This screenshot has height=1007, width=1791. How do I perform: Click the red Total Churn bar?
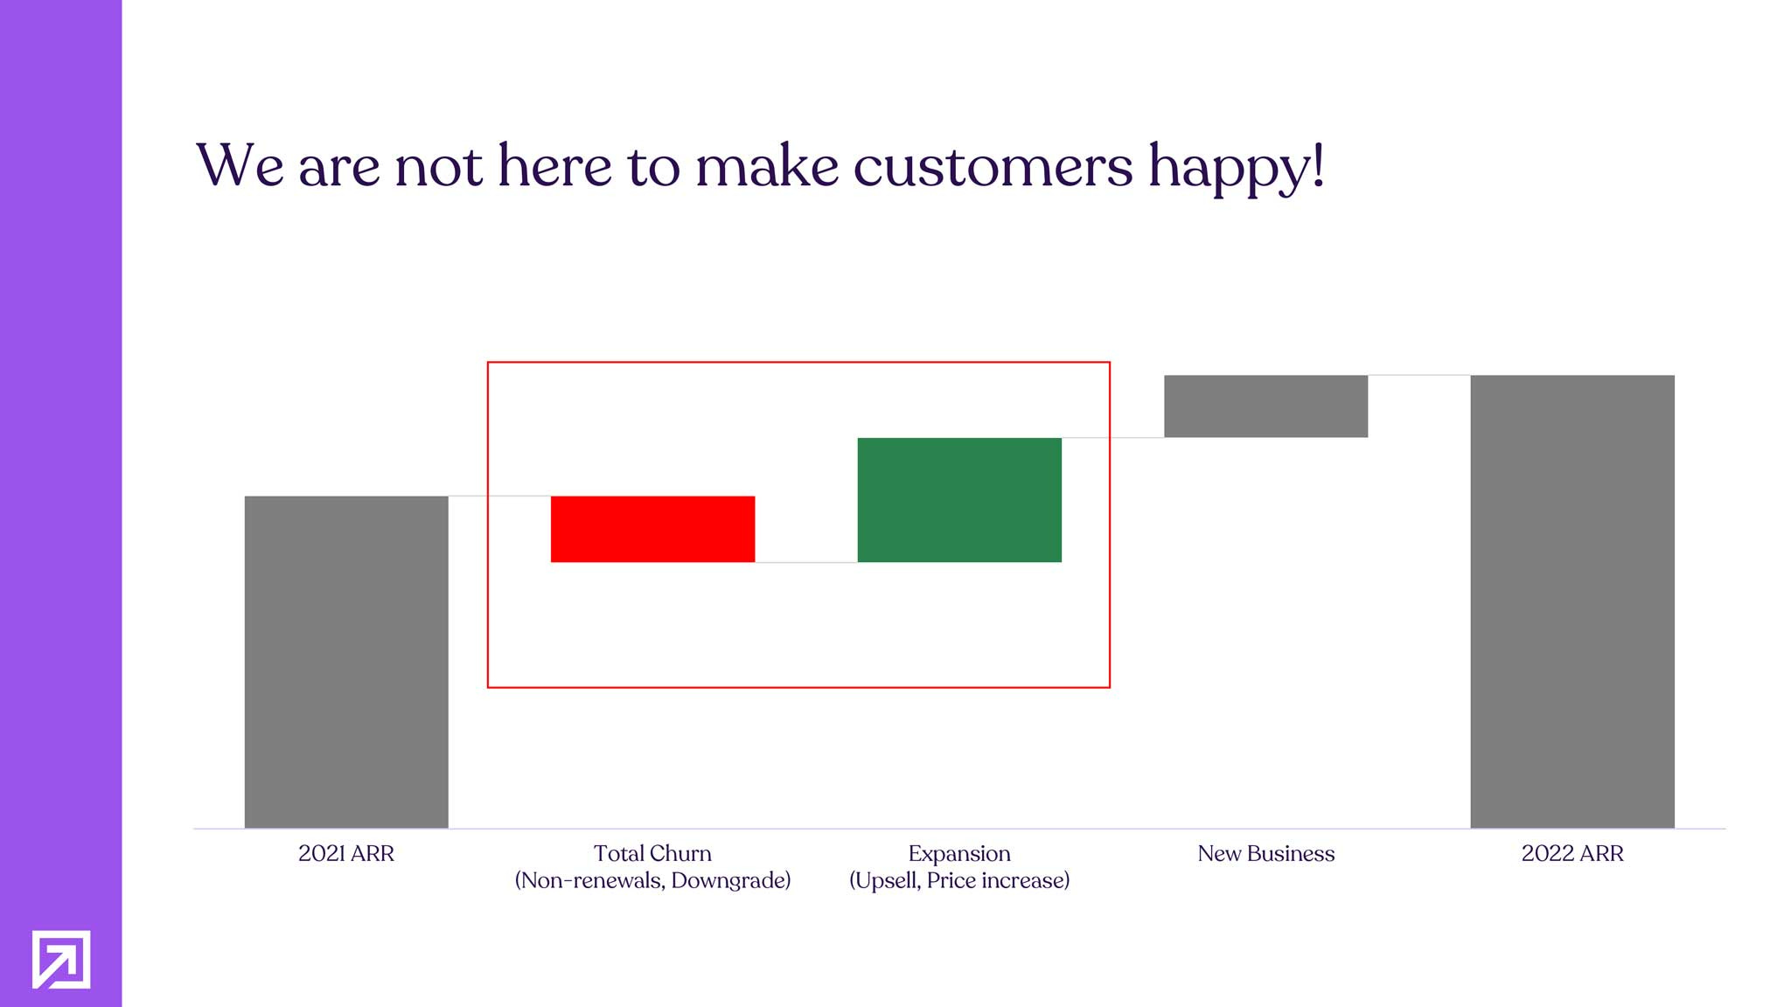click(x=652, y=529)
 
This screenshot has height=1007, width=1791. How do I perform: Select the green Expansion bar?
click(x=959, y=500)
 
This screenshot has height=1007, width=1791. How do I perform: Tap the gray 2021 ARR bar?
click(x=346, y=662)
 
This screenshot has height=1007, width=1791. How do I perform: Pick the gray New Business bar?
click(x=1265, y=406)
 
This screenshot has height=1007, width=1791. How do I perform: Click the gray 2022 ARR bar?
click(x=1572, y=601)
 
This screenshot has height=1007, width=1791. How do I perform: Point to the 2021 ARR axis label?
click(x=346, y=853)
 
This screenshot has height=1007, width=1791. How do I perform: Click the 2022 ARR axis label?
click(x=1572, y=853)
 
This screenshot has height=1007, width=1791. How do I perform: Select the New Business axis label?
click(x=1265, y=853)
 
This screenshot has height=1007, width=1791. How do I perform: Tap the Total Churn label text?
click(x=652, y=853)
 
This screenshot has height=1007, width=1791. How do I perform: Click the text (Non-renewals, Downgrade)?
click(x=652, y=880)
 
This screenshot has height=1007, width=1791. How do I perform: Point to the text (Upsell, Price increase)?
click(x=959, y=880)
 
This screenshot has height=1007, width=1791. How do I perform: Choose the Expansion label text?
click(x=959, y=853)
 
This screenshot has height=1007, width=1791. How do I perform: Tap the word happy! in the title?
click(x=1237, y=168)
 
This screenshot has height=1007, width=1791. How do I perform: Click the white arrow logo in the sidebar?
click(x=61, y=959)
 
